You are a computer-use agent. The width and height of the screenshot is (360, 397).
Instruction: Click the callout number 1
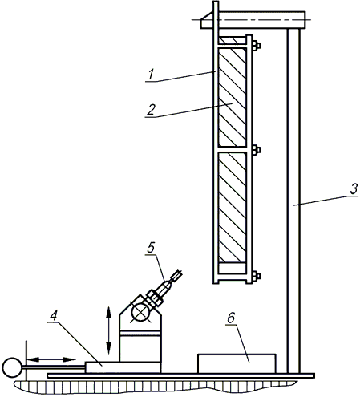click(152, 75)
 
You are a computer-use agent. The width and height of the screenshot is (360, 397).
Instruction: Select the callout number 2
click(151, 110)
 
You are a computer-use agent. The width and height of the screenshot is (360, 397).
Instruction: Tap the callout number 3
click(354, 189)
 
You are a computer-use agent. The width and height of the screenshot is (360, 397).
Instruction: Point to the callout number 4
click(54, 316)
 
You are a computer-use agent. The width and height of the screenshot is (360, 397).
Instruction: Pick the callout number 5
click(151, 248)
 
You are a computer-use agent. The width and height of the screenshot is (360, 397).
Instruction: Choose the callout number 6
click(231, 318)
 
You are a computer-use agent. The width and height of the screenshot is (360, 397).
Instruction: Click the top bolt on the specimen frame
click(256, 46)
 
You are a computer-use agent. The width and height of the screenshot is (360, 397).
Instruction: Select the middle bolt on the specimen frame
click(256, 150)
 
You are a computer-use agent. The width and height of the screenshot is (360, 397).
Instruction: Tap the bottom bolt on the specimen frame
click(256, 276)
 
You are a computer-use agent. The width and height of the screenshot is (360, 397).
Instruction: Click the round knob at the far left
click(12, 367)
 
